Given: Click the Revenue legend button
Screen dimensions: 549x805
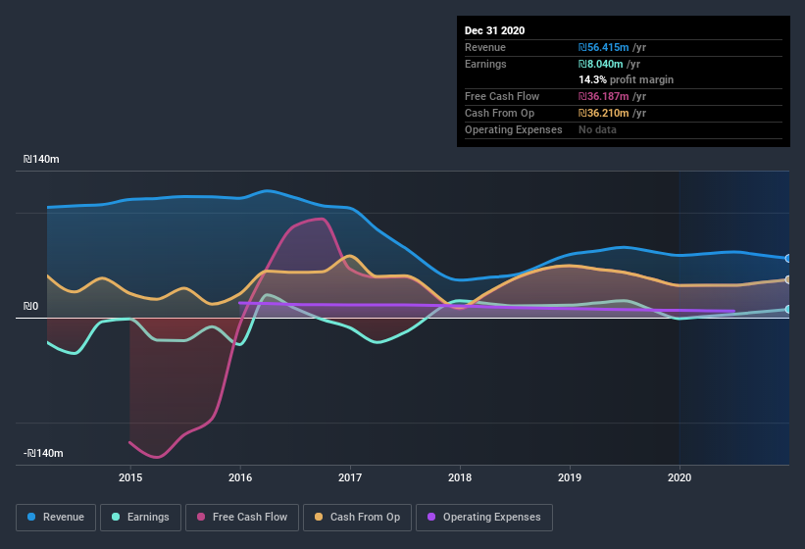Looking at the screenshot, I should point(56,517).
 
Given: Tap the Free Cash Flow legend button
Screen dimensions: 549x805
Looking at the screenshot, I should point(242,517).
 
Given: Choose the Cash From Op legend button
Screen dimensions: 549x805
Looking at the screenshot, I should point(356,517).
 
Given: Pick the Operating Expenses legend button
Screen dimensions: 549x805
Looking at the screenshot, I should point(483,517).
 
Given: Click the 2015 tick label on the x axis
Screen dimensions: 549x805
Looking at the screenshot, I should point(130,477).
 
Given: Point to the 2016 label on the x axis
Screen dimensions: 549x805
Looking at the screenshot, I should point(240,477).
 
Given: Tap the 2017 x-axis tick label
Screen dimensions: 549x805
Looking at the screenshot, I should point(350,477).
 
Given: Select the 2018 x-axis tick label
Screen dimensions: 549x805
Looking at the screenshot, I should point(460,477).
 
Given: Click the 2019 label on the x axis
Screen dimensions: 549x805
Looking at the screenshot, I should point(570,477).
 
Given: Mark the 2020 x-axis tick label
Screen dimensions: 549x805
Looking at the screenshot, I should point(679,477).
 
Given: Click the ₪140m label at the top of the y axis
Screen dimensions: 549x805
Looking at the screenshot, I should point(42,159).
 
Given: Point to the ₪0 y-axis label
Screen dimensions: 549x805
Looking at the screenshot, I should point(31,307).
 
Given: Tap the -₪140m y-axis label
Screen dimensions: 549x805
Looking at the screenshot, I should point(44,453).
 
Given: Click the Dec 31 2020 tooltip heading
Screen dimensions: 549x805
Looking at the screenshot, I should point(495,30).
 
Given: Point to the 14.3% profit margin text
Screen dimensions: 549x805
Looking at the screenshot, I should point(626,79).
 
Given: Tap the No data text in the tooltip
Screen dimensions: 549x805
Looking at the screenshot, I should point(597,129).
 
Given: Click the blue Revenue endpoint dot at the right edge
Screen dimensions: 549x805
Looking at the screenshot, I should point(788,259).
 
